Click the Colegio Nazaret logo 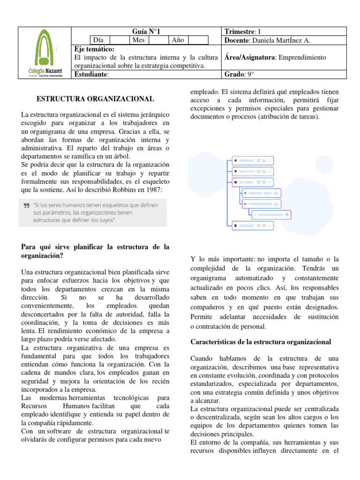click(44, 52)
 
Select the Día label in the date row click(98, 40)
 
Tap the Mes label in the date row click(138, 40)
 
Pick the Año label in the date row click(178, 40)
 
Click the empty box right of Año click(198, 40)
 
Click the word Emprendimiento click(302, 57)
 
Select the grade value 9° click(251, 74)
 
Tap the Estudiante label click(91, 74)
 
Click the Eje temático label click(95, 49)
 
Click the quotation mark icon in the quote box click(26, 205)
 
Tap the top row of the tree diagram click(253, 160)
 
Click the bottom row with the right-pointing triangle click(253, 226)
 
